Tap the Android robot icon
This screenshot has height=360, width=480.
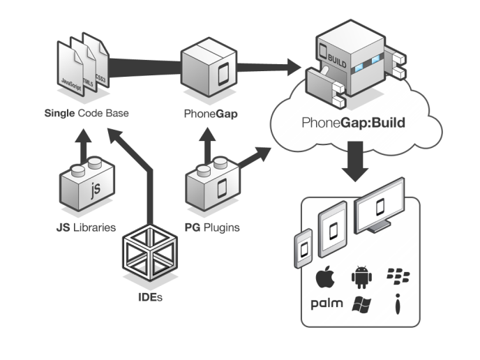[361, 277]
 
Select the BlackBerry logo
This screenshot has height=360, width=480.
[398, 276]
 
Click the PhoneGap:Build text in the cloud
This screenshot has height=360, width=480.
[354, 123]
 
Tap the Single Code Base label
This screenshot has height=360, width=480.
[87, 113]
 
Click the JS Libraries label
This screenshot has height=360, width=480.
[85, 227]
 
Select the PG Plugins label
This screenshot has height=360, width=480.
[212, 227]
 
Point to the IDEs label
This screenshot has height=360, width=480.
[151, 298]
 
